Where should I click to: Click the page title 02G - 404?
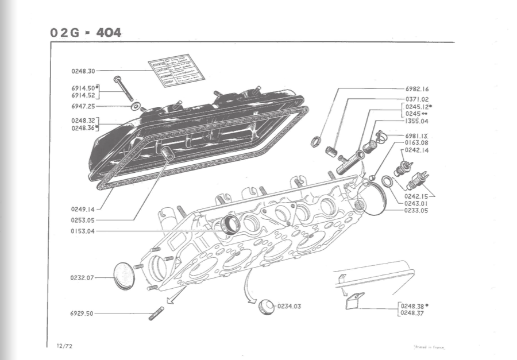[x=86, y=33]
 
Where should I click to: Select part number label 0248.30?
[x=83, y=71]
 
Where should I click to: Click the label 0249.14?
[x=83, y=208]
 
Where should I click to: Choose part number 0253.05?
[x=83, y=219]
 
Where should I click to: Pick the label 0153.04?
[x=83, y=231]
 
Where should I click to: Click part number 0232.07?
[x=82, y=277]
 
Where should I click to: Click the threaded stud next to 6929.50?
[x=156, y=313]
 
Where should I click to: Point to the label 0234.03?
[x=289, y=306]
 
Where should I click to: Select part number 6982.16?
[x=417, y=89]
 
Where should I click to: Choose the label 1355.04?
[x=417, y=121]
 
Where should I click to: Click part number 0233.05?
[x=416, y=210]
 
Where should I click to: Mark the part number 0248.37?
[x=412, y=313]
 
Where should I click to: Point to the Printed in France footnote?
[x=429, y=347]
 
